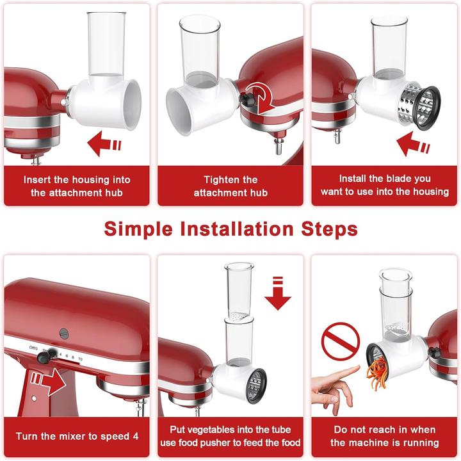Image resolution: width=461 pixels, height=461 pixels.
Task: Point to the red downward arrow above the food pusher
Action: [277, 294]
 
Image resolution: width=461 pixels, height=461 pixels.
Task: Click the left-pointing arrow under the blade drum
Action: [412, 144]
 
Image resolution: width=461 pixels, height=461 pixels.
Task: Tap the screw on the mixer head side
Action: [64, 333]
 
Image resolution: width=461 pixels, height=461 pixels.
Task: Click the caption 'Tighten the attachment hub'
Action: [230, 186]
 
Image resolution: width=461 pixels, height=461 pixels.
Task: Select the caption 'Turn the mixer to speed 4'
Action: [77, 436]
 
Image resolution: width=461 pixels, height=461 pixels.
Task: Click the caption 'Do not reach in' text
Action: [384, 430]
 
